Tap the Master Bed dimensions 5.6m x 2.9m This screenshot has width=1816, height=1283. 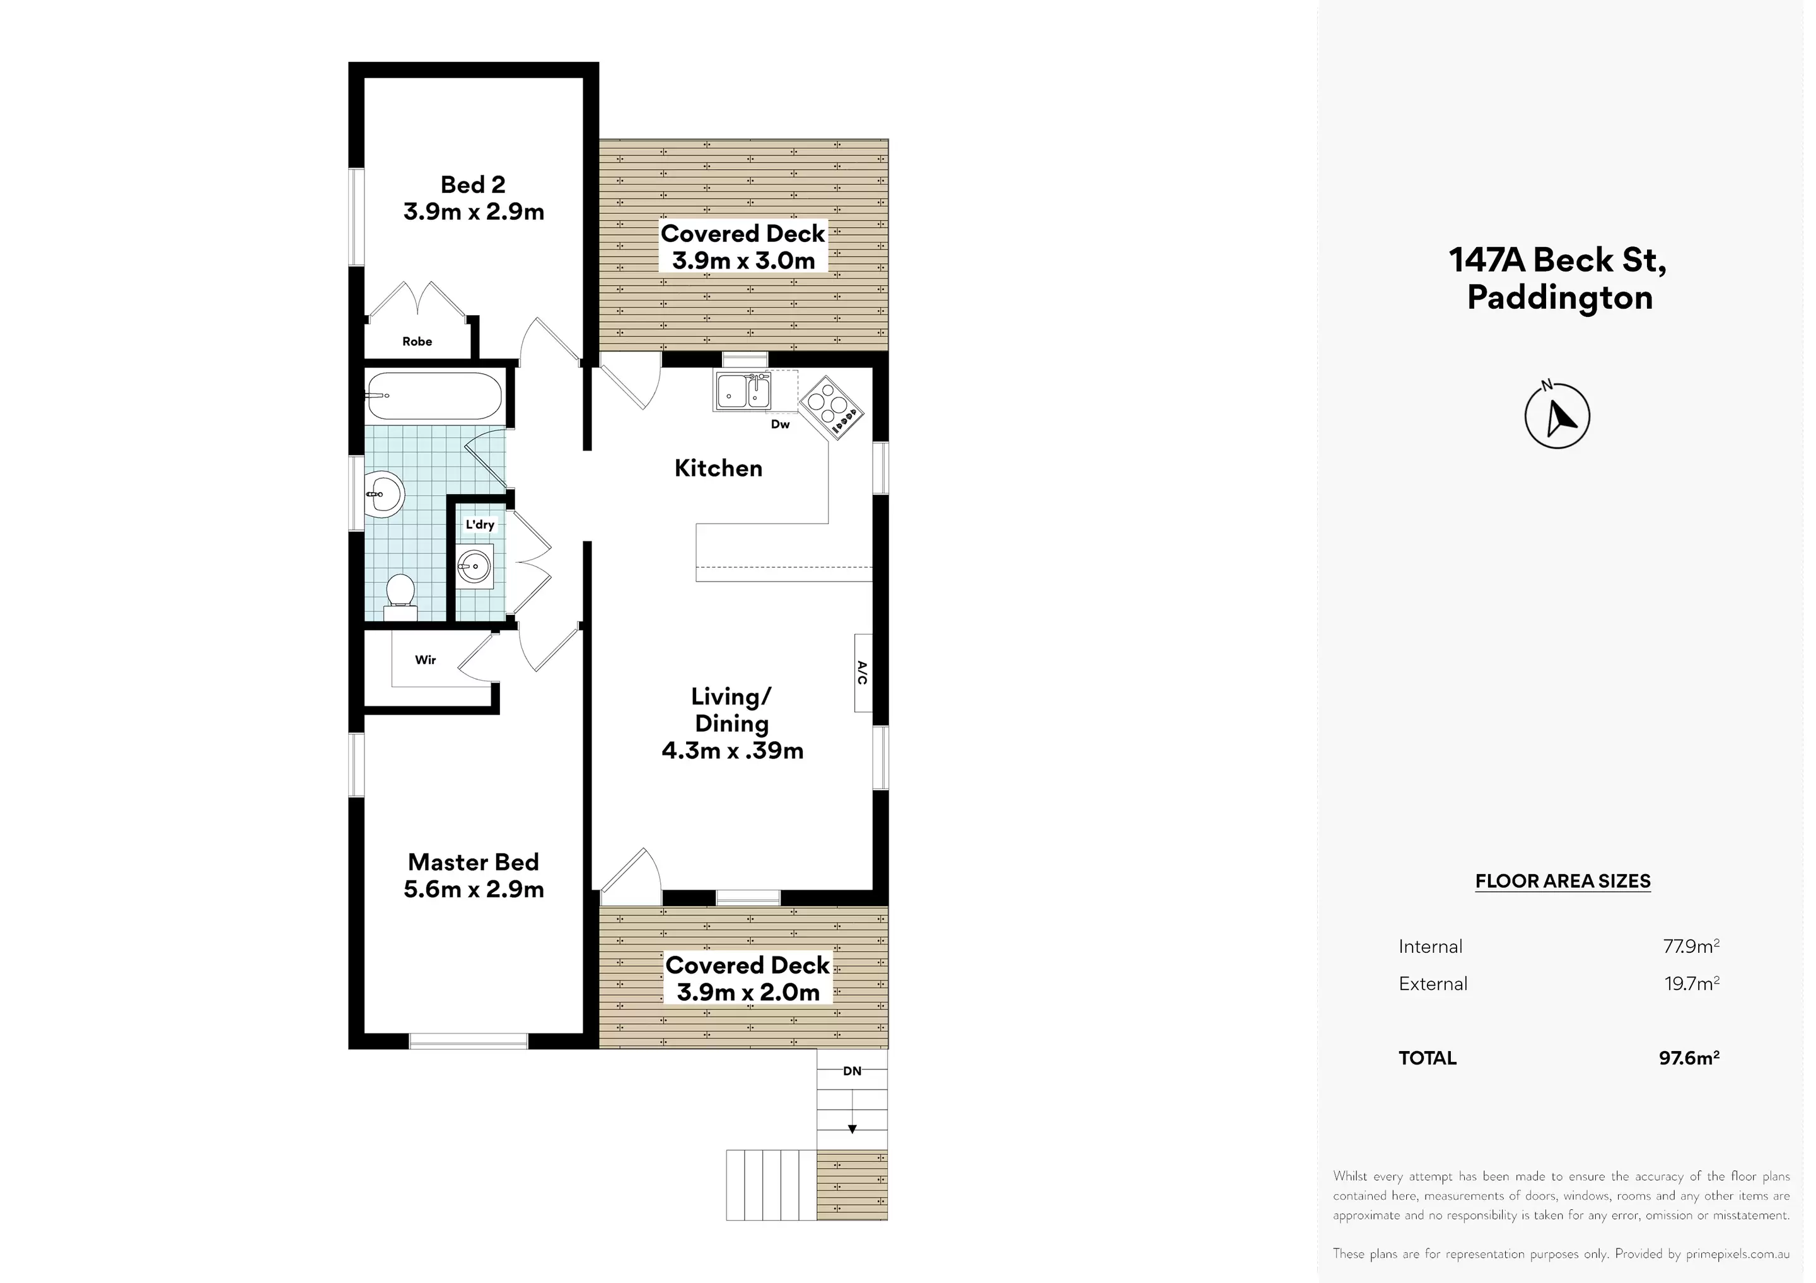473,889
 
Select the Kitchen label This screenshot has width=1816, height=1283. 718,468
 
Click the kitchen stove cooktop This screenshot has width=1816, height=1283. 830,407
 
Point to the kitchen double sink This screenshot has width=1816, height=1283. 743,392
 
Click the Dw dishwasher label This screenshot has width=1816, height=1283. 780,425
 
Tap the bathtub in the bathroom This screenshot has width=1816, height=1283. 434,396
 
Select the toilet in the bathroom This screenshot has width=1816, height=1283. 400,594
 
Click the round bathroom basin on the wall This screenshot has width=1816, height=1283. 385,495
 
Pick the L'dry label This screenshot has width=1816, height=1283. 479,524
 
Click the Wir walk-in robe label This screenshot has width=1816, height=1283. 426,660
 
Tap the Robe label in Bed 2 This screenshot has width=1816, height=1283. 417,342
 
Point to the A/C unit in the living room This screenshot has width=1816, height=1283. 863,673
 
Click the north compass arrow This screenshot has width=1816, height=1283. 1557,417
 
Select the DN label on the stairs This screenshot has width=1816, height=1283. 852,1071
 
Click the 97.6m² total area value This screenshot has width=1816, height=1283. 1689,1057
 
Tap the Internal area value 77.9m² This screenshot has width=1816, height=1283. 1691,946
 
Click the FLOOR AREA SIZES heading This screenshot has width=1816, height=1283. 1562,882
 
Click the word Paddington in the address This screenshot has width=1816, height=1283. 1559,298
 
